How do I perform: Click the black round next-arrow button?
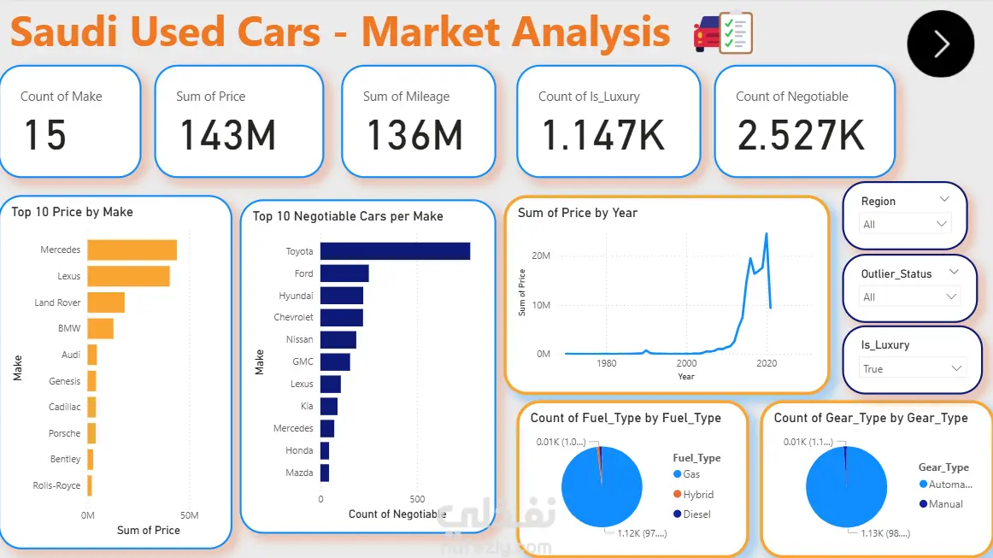941,44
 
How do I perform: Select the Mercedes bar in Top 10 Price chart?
132,250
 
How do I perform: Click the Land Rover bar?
106,302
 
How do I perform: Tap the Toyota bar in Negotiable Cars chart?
395,251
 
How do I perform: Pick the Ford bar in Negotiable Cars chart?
344,273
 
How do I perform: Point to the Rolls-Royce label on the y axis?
56,485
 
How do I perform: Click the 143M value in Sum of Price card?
228,136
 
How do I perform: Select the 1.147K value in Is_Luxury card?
603,136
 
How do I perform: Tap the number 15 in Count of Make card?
44,136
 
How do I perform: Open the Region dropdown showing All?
905,224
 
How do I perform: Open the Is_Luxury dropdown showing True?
912,368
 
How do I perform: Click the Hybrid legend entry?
697,495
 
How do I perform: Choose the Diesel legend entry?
696,514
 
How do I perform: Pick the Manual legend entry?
945,504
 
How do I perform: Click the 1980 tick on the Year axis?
606,363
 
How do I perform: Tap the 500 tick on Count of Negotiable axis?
417,499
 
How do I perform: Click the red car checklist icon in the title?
722,33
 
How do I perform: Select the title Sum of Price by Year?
578,213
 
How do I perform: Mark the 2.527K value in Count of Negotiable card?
801,136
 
